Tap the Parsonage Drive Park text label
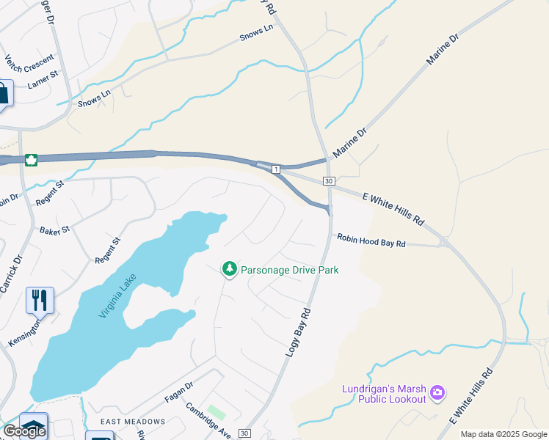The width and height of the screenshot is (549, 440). [x=290, y=270]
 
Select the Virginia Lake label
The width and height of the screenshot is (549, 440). [x=118, y=296]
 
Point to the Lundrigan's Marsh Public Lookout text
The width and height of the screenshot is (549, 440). [x=384, y=393]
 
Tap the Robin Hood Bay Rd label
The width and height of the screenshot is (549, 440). [x=371, y=240]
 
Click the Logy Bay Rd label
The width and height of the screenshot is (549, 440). [x=297, y=333]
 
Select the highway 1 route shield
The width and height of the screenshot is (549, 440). [x=276, y=169]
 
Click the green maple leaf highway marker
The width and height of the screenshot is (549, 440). [x=31, y=160]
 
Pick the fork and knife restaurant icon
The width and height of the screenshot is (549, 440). [x=40, y=300]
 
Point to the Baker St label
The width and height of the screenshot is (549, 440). [x=55, y=230]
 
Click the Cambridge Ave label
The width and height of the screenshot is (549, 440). [x=208, y=420]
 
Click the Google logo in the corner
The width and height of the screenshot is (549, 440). [x=23, y=431]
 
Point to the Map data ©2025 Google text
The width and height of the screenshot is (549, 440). [x=503, y=434]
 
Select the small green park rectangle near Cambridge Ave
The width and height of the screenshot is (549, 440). [x=216, y=412]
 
